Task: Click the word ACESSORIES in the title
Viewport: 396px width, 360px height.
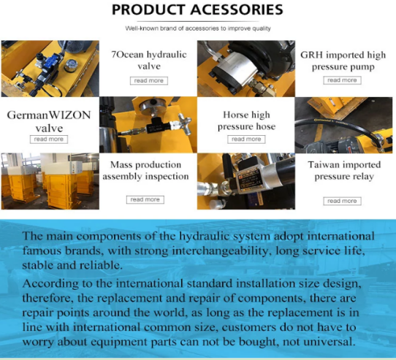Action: pyautogui.click(x=237, y=9)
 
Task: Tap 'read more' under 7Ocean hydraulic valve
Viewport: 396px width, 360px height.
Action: pyautogui.click(x=149, y=81)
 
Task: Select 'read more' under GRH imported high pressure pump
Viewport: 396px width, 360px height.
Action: pyautogui.click(x=342, y=80)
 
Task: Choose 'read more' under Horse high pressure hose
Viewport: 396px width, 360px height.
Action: pyautogui.click(x=246, y=139)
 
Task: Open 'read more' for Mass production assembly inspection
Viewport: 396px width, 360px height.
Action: pyautogui.click(x=145, y=199)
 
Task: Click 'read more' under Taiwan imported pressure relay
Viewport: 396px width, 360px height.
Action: pyautogui.click(x=342, y=201)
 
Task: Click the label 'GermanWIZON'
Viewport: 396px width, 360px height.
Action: pyautogui.click(x=49, y=115)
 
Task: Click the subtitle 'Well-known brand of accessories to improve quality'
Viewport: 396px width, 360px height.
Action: pyautogui.click(x=198, y=28)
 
